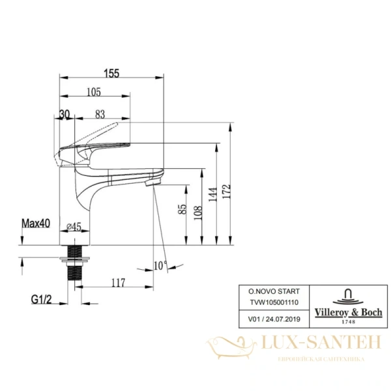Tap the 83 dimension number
[x=100, y=113]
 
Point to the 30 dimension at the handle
[x=65, y=113]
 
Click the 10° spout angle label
[x=160, y=265]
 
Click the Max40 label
[x=37, y=224]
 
